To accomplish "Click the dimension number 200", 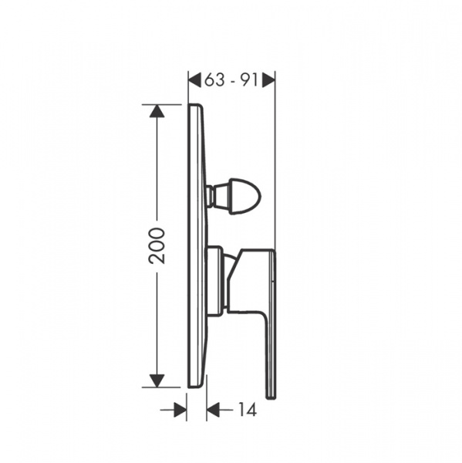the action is pos(157,245).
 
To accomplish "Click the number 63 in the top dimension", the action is pos(214,79).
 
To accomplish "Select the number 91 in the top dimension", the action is pos(248,79).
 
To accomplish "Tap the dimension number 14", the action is pos(248,409).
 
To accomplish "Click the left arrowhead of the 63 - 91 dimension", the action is pos(195,80).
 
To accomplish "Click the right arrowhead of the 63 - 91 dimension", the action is pos(268,80).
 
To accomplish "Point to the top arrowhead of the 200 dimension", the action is pos(157,111).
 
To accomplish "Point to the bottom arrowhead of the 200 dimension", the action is pos(157,380).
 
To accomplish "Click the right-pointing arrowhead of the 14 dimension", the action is pos(180,410).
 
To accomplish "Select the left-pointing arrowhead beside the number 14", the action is pos(214,410).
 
